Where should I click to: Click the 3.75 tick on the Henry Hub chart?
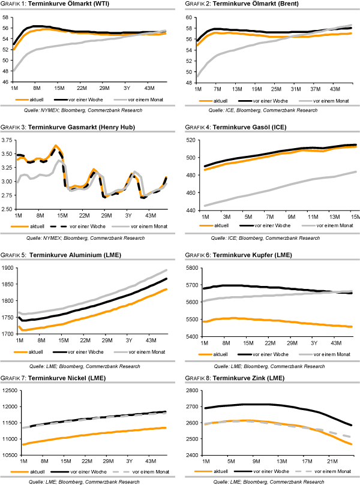[8, 140]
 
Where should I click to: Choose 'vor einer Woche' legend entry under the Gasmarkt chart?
[80, 225]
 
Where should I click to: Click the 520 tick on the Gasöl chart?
[191, 140]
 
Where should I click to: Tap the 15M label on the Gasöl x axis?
[354, 216]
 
